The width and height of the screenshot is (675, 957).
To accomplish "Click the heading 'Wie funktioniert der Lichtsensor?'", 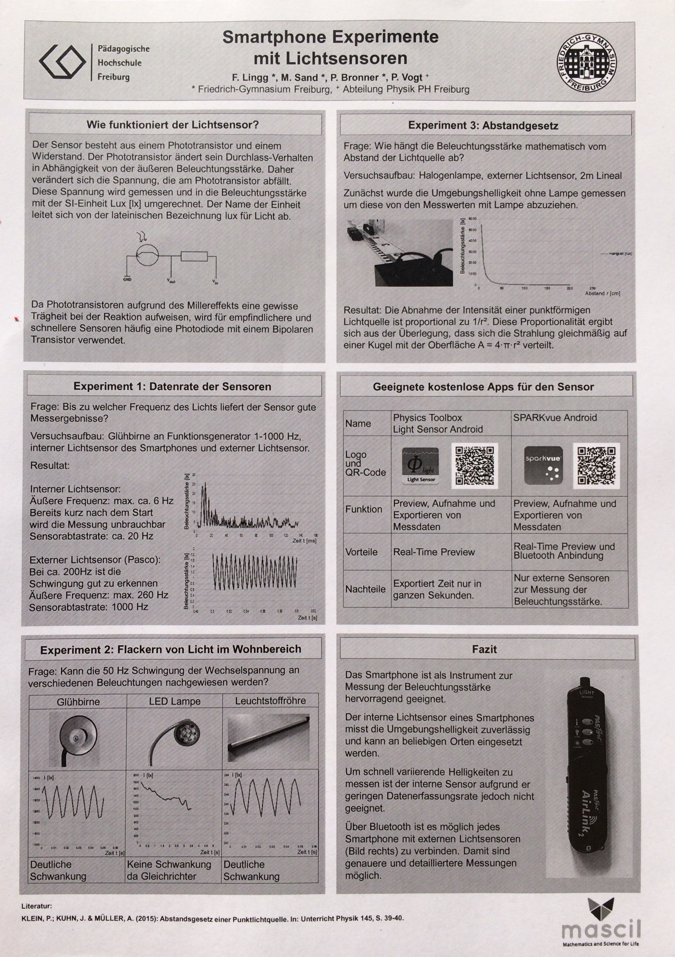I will tap(173, 125).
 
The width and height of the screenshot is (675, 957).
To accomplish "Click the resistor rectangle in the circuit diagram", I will tap(194, 256).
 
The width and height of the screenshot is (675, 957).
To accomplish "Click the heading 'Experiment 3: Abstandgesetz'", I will tap(483, 125).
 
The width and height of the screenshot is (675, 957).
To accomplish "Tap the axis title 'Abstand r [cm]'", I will tap(602, 293).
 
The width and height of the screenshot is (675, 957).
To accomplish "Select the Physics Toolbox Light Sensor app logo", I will tap(421, 465).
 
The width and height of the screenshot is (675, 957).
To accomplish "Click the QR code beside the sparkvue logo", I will tap(596, 466).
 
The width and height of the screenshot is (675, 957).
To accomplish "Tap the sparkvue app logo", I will tap(543, 465).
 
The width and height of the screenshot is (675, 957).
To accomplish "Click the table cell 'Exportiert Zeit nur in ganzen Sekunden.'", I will tap(437, 589).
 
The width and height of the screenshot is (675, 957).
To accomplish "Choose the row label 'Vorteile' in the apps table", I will tap(361, 552).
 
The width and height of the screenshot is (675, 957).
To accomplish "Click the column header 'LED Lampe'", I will tap(175, 701).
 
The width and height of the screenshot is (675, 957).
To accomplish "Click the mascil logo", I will tap(600, 922).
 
